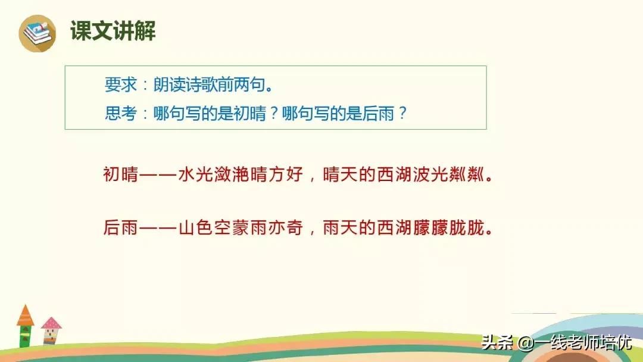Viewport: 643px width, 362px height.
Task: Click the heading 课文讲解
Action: pos(113,31)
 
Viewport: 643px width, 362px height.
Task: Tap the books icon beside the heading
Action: pos(37,32)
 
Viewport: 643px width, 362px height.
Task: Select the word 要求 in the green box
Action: pos(117,86)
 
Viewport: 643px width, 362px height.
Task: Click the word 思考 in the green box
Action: pos(117,113)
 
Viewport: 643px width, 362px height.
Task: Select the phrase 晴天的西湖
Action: pos(367,175)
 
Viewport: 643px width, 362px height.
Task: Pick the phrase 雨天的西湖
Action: pos(367,228)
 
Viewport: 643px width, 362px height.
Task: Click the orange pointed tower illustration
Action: pos(25,325)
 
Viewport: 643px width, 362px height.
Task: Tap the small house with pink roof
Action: pos(51,330)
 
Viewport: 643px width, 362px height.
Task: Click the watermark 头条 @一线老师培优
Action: pos(556,343)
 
